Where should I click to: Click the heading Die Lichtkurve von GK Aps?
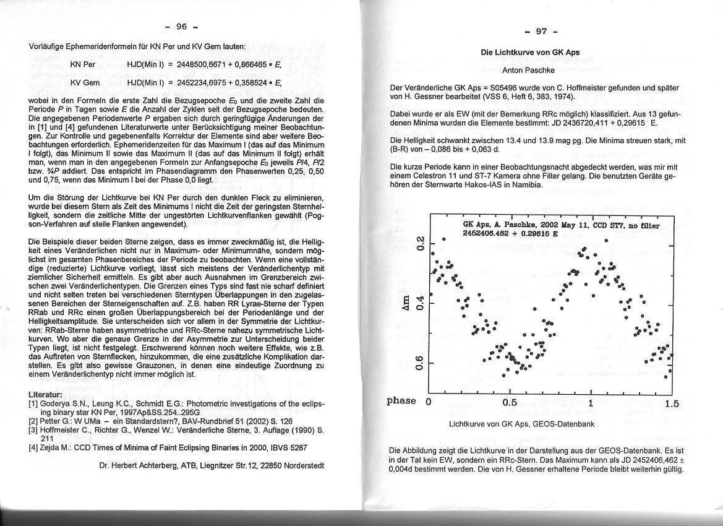530,53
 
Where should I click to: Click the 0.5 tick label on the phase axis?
510,403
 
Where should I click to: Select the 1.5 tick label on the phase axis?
671,404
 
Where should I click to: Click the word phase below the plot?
401,401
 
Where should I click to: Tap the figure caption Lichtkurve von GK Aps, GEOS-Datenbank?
521,425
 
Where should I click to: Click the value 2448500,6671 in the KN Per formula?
203,64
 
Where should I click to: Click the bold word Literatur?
46,395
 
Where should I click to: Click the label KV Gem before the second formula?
85,83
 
